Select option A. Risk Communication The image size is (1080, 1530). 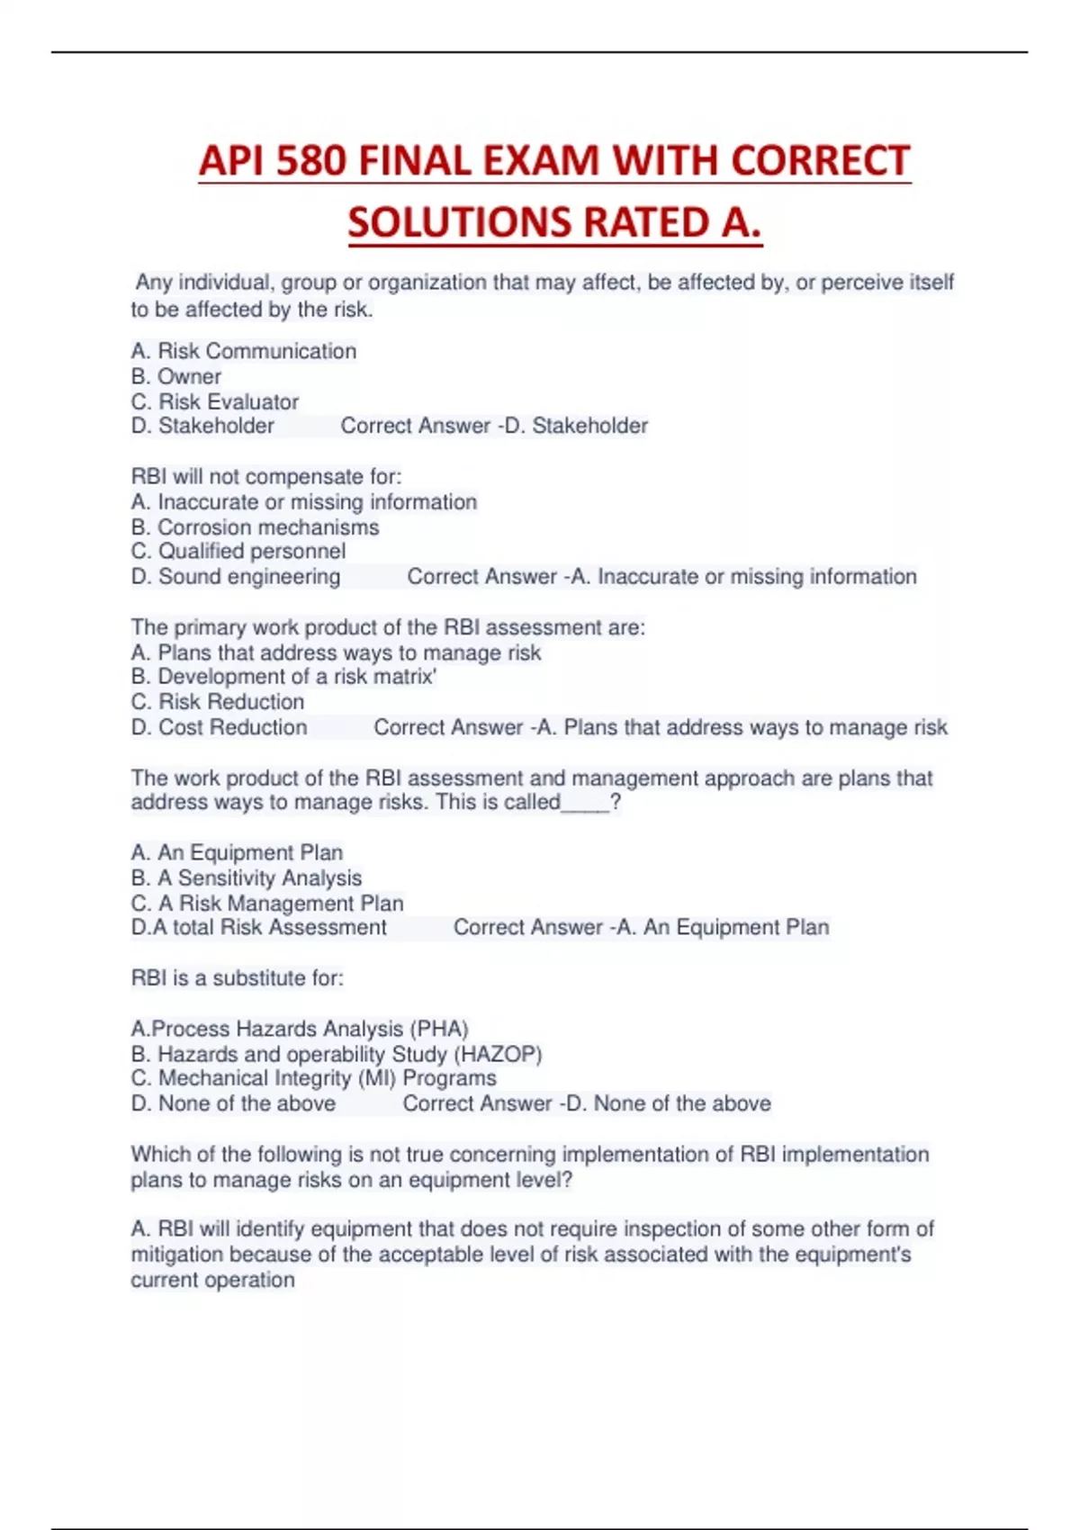click(x=244, y=351)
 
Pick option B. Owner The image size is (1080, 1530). click(x=176, y=376)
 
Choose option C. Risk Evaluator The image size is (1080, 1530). click(x=215, y=401)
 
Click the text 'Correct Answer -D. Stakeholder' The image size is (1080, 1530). click(x=494, y=426)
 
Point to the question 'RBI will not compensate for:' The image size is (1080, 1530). click(x=266, y=476)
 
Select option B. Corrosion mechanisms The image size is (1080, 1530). click(x=256, y=526)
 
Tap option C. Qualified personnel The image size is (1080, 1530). click(x=238, y=551)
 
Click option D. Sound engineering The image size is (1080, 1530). click(x=236, y=576)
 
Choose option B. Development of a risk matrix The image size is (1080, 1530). click(x=284, y=677)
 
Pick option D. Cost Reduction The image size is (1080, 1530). click(x=220, y=727)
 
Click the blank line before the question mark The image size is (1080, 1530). click(x=585, y=803)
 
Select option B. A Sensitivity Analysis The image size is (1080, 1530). click(x=247, y=877)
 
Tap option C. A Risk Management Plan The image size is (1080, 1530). click(x=267, y=903)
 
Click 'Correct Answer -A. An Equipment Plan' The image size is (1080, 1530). click(x=641, y=928)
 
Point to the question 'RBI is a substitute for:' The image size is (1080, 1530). click(x=238, y=978)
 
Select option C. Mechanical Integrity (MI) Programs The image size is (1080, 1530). click(x=314, y=1078)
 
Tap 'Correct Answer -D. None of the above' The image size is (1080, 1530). click(x=587, y=1103)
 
